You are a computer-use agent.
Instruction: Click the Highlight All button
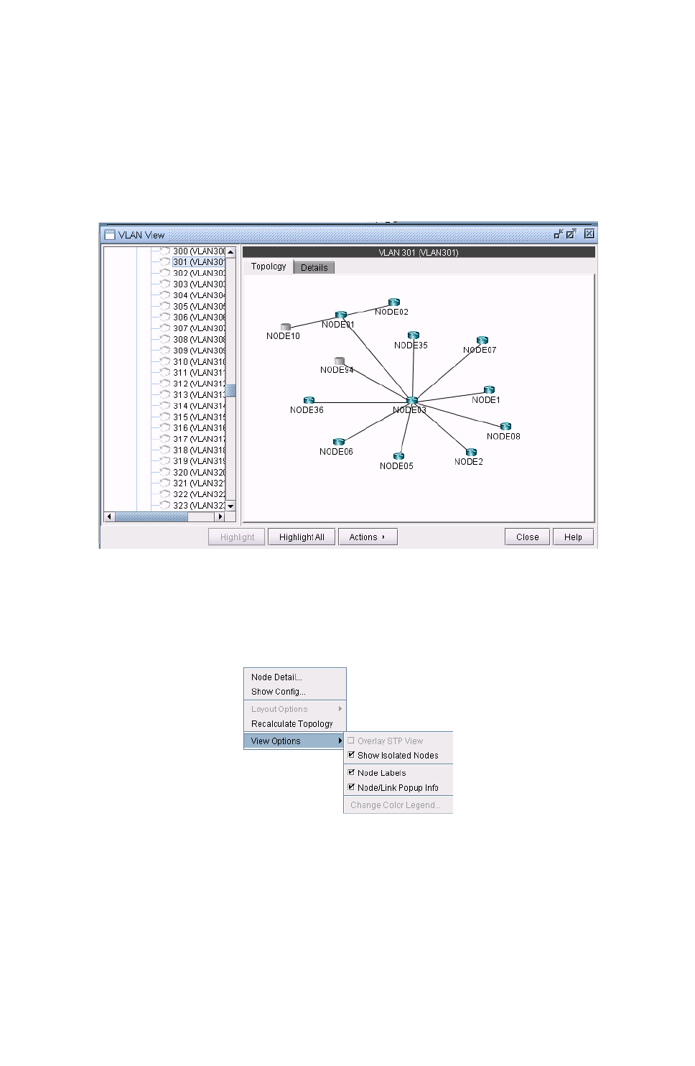pos(302,537)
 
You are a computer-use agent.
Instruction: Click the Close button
pos(527,537)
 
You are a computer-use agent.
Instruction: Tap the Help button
pos(573,537)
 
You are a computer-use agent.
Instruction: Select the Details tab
pos(314,268)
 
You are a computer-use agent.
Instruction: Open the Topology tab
pos(269,266)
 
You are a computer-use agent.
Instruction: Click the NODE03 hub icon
pos(411,401)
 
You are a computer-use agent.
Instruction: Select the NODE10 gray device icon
pos(285,327)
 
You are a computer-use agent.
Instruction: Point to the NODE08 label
pos(503,437)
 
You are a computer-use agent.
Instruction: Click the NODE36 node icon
pos(309,401)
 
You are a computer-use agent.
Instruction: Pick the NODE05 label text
pos(396,466)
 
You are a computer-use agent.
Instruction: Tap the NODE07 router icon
pos(482,340)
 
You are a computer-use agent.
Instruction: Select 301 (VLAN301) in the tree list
pos(198,262)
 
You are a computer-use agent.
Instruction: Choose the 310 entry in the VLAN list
pos(198,362)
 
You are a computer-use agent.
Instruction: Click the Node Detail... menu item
pos(276,677)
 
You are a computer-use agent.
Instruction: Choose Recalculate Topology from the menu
pos(291,724)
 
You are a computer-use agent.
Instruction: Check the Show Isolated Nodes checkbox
pos(351,755)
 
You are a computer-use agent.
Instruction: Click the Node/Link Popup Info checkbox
pos(351,787)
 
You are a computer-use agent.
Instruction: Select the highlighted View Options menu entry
pos(276,741)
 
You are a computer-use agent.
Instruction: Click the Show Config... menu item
pos(278,692)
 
